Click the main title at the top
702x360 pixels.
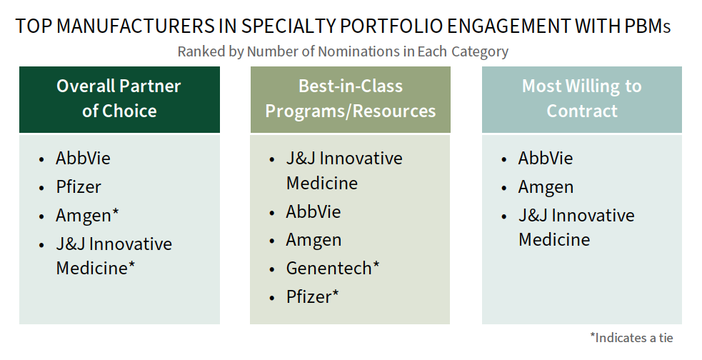pyautogui.click(x=343, y=26)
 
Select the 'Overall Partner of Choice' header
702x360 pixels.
pyautogui.click(x=119, y=99)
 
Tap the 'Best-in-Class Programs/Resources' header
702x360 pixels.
pyautogui.click(x=350, y=99)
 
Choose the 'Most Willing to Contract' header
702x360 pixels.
pyautogui.click(x=581, y=99)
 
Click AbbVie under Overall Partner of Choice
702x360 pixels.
pyautogui.click(x=83, y=158)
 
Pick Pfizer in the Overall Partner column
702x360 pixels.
pyautogui.click(x=79, y=186)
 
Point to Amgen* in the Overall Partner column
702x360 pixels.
pyautogui.click(x=87, y=216)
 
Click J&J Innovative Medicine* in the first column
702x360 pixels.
pyautogui.click(x=114, y=256)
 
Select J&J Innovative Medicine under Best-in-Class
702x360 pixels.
pyautogui.click(x=344, y=171)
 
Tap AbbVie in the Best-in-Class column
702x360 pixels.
pyautogui.click(x=314, y=211)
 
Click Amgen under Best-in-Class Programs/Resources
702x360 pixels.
pyautogui.click(x=314, y=241)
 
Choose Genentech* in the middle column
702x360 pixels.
pyautogui.click(x=333, y=268)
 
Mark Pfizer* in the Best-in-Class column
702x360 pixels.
pyautogui.click(x=313, y=296)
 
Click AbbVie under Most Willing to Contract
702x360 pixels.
pyautogui.click(x=546, y=158)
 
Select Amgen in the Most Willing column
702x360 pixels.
pyautogui.click(x=546, y=187)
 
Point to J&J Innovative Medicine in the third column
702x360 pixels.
pyautogui.click(x=576, y=227)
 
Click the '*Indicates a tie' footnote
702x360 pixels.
pyautogui.click(x=631, y=337)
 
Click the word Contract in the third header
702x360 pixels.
pyautogui.click(x=582, y=111)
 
